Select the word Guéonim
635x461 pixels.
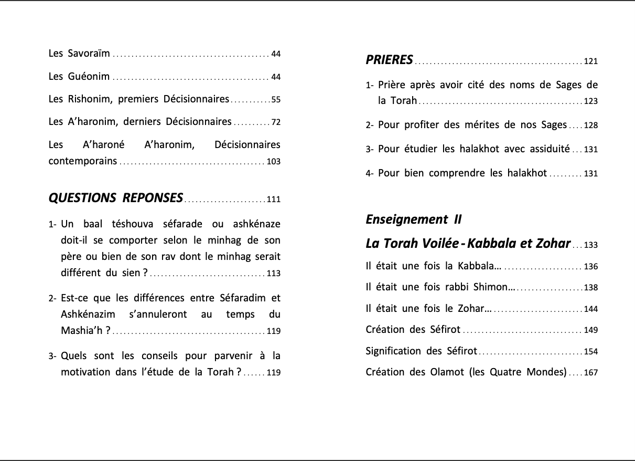(x=89, y=76)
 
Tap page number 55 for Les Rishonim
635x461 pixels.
(x=276, y=100)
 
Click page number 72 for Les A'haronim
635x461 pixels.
(x=276, y=123)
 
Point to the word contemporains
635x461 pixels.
(x=83, y=161)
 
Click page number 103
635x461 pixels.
(x=274, y=162)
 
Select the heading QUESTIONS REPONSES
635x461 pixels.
(x=116, y=198)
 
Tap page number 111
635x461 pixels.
(x=274, y=200)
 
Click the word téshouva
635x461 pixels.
(x=132, y=224)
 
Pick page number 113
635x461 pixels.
(x=274, y=274)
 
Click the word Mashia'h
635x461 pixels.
(x=83, y=330)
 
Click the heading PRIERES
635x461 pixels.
(x=390, y=60)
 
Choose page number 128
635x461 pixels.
(x=591, y=125)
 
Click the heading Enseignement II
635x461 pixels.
(x=414, y=219)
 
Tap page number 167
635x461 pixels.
(x=591, y=373)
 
